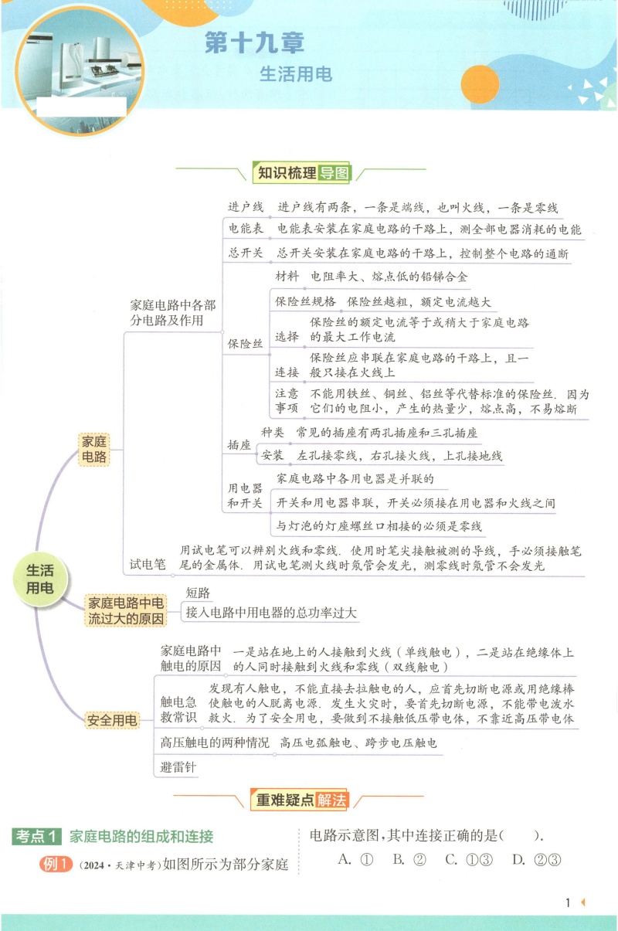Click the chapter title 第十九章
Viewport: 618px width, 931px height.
click(x=254, y=42)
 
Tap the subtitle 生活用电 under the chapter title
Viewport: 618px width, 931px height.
click(x=296, y=74)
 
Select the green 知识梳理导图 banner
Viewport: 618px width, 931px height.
click(x=302, y=172)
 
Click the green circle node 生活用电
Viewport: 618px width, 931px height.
click(x=40, y=579)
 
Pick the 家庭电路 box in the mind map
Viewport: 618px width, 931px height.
click(x=94, y=449)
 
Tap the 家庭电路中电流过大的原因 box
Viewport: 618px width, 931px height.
click(x=125, y=610)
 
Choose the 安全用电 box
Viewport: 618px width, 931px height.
click(x=112, y=720)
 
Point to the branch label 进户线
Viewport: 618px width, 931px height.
click(x=245, y=207)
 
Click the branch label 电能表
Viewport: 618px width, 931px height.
click(x=245, y=229)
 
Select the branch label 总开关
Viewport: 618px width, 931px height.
click(x=245, y=253)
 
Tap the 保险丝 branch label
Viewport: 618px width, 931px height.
click(x=245, y=344)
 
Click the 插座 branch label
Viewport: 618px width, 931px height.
click(x=239, y=445)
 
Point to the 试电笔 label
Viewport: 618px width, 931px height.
click(x=148, y=564)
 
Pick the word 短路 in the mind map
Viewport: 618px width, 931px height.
click(x=198, y=593)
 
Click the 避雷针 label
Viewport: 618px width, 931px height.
click(x=178, y=767)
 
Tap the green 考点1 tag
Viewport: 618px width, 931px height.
click(x=36, y=836)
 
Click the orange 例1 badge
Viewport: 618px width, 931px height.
click(x=56, y=864)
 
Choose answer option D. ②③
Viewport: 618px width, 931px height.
click(x=537, y=859)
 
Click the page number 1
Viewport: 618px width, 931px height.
click(x=568, y=902)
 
